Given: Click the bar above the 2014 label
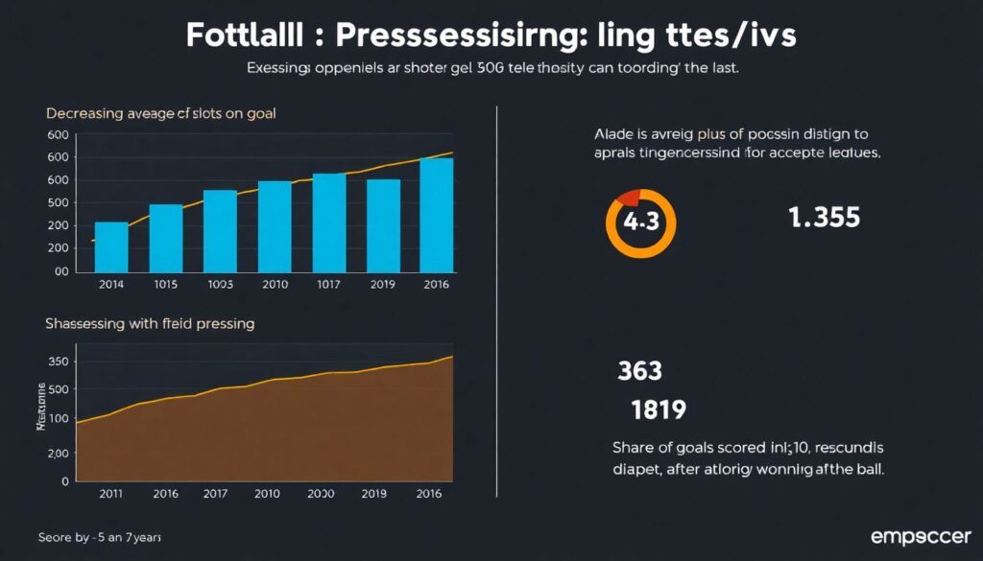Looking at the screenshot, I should coord(112,246).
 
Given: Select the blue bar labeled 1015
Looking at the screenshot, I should coord(166,238).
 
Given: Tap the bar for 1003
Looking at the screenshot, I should coord(220,230).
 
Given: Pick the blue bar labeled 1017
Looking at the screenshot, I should coord(329,222).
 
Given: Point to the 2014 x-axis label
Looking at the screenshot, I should coord(112,284).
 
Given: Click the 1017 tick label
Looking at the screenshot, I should coord(329,284).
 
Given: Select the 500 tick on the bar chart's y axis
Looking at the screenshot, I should coord(59,202).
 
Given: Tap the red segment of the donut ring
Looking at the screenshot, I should coord(630,197).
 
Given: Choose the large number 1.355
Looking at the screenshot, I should coord(824,218).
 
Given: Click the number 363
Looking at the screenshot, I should coord(640,370).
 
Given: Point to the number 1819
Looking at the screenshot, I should coord(658,410).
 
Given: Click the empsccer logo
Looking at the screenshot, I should coord(920,536).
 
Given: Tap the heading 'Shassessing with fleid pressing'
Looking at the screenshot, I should coord(150,324).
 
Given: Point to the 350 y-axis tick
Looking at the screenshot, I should coord(59,362).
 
